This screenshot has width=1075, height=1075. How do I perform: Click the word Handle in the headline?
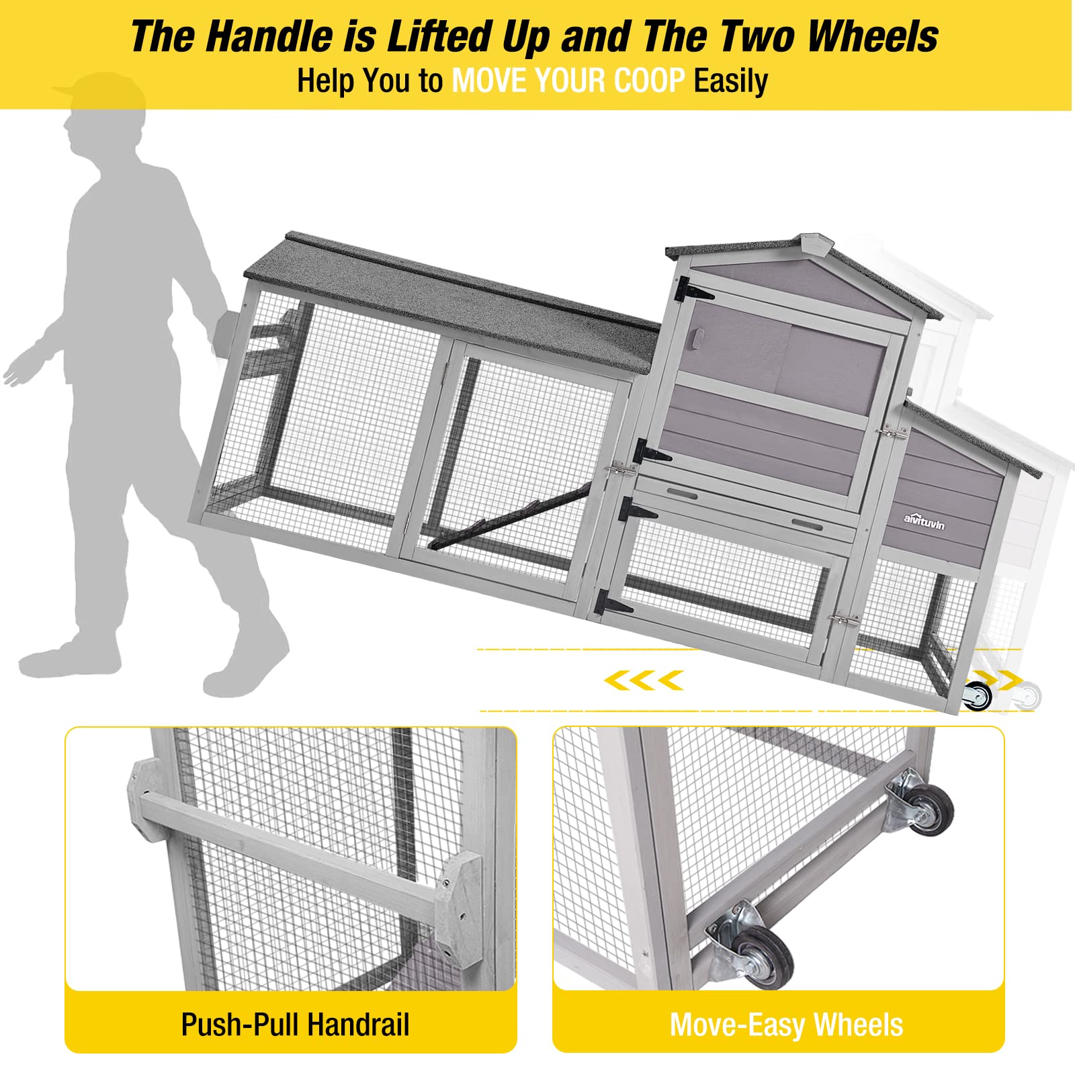coord(270,36)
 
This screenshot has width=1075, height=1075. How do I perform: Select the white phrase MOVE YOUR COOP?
coord(568,81)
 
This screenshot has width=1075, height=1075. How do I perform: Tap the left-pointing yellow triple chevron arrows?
coord(644,680)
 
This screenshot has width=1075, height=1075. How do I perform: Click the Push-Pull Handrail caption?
coord(295,1025)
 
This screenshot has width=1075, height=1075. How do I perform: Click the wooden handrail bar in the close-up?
coord(296,843)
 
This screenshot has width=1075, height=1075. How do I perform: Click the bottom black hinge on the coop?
coord(613,601)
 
